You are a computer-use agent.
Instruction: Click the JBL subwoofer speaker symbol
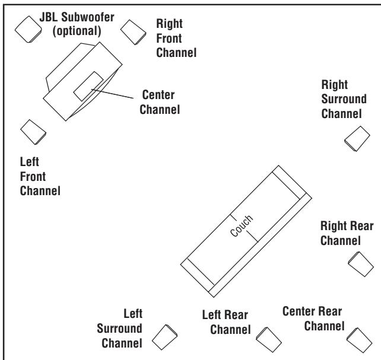[x=27, y=31]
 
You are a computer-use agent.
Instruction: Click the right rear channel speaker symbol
[x=360, y=262]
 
